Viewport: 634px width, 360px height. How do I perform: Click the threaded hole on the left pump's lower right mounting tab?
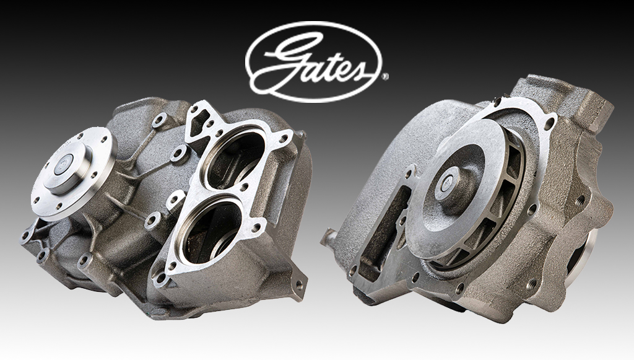tap(299, 286)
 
